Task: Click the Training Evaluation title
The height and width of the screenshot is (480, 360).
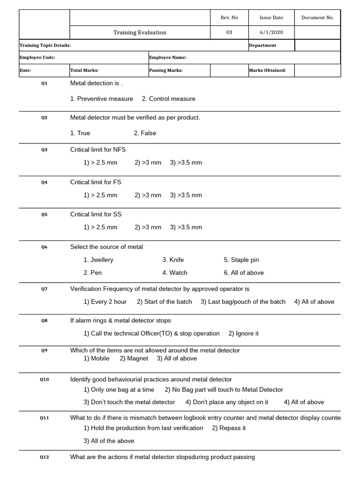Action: pyautogui.click(x=140, y=32)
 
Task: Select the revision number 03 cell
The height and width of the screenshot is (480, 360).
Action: pyautogui.click(x=229, y=32)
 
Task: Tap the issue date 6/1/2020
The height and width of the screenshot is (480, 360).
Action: pyautogui.click(x=271, y=32)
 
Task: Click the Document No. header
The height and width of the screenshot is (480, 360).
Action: pyautogui.click(x=317, y=17)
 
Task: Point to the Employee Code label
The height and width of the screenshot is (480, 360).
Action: pyautogui.click(x=37, y=58)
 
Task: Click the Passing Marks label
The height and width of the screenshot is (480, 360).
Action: pyautogui.click(x=166, y=71)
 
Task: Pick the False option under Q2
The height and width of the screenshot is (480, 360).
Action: pyautogui.click(x=145, y=133)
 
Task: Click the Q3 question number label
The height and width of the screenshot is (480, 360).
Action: pyautogui.click(x=44, y=150)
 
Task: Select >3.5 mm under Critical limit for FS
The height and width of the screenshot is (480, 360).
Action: pyautogui.click(x=186, y=195)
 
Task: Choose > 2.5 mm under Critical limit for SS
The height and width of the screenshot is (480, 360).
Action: pyautogui.click(x=100, y=227)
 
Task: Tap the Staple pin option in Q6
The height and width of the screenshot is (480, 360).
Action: pyautogui.click(x=241, y=260)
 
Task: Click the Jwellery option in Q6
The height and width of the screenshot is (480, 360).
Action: pyautogui.click(x=98, y=260)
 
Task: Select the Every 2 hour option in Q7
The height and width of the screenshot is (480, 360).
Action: pyautogui.click(x=105, y=302)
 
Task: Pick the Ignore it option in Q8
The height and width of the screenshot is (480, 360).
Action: pyautogui.click(x=243, y=334)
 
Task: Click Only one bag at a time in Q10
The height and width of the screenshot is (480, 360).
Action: pyautogui.click(x=119, y=390)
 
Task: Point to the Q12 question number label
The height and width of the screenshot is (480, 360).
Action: pyautogui.click(x=44, y=457)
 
